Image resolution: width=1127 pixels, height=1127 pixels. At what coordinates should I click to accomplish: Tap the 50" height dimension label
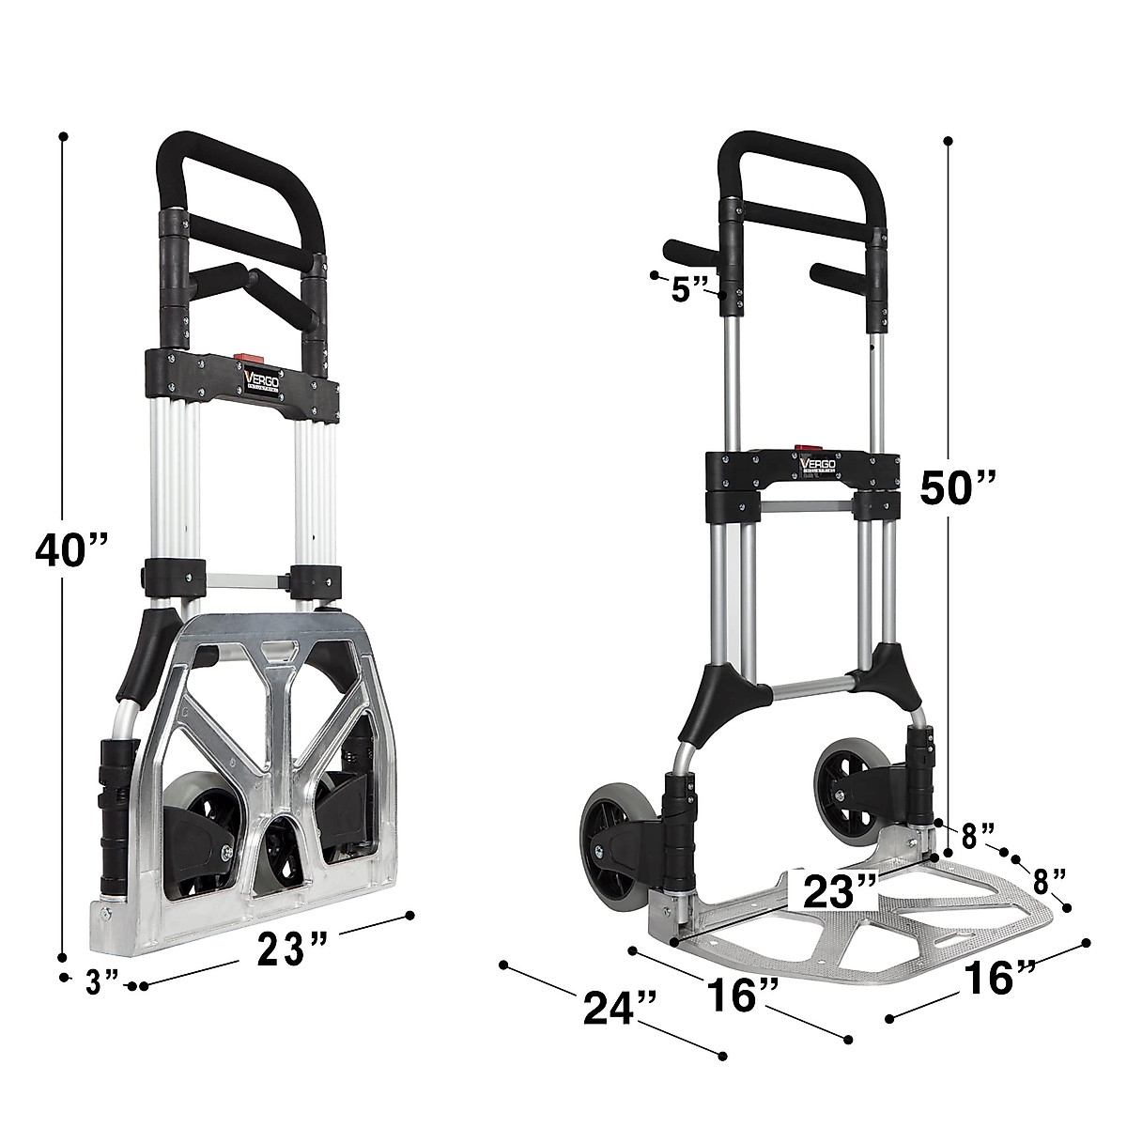(957, 487)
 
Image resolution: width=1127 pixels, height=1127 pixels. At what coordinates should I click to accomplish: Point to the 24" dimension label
(619, 1008)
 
